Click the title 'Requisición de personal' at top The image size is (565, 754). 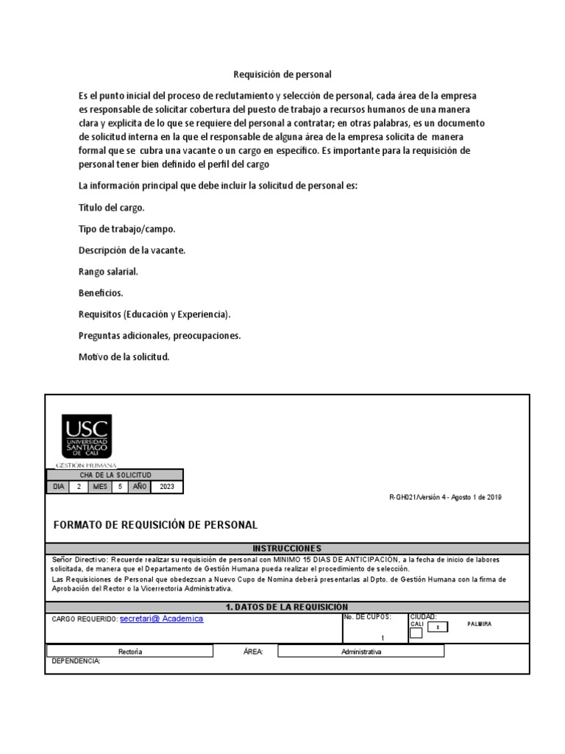point(282,74)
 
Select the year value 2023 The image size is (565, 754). point(168,487)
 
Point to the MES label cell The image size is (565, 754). point(99,487)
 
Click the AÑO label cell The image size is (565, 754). point(138,487)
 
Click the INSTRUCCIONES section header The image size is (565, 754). point(287,549)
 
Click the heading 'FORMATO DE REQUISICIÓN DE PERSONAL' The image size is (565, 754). point(156,525)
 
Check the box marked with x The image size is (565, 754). point(438,627)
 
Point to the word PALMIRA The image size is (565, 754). point(479,624)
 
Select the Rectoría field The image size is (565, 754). point(130,652)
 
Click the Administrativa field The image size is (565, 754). point(361,652)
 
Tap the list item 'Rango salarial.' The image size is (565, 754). point(108,272)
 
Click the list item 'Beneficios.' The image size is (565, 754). point(101,293)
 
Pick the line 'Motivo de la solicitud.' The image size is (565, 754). point(124,357)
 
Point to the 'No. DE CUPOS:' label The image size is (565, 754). point(367,616)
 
